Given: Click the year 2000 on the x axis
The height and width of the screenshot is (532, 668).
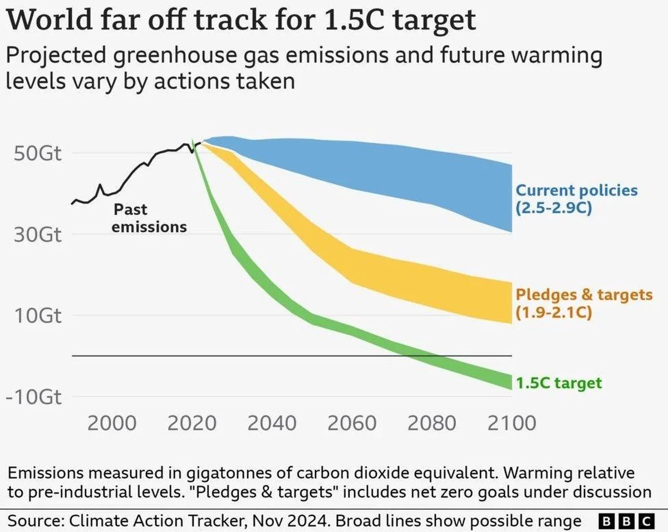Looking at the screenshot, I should coord(112,423).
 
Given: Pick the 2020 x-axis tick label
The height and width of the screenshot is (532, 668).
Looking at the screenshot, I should coord(192,423).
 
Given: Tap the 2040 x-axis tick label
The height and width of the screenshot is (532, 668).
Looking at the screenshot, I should coord(272,423).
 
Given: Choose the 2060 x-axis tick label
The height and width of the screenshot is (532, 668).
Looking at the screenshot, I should coord(352,423).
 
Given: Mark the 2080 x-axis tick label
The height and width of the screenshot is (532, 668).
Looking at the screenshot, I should coord(431,423).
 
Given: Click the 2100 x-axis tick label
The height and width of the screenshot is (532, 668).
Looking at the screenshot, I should coord(511,423).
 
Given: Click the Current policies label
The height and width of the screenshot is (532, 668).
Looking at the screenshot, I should coord(577,191).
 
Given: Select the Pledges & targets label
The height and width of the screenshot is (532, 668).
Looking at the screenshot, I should coord(584,294).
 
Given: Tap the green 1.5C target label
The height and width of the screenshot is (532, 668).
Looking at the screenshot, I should coord(558,383).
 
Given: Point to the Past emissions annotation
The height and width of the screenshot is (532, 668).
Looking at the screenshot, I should coord(149,218).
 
